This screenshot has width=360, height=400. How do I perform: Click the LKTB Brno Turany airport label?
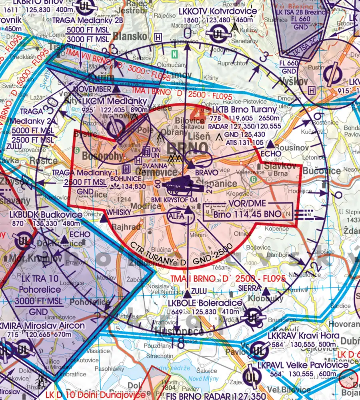[x=244, y=110]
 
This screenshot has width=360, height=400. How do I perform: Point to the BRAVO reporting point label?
[x=206, y=172]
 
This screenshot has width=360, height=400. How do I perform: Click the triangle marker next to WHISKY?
[x=103, y=219]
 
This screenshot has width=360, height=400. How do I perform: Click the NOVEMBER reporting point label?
[x=92, y=89]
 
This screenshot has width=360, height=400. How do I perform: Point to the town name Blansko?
[x=130, y=36]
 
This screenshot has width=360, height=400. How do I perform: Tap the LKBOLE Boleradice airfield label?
[x=205, y=303]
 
